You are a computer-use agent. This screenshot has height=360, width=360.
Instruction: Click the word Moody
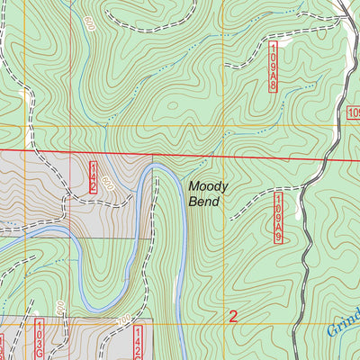click(208, 187)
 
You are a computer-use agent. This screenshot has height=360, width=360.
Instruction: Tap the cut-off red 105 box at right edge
click(354, 112)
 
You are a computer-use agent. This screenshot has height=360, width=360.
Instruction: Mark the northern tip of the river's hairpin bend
click(154, 166)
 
